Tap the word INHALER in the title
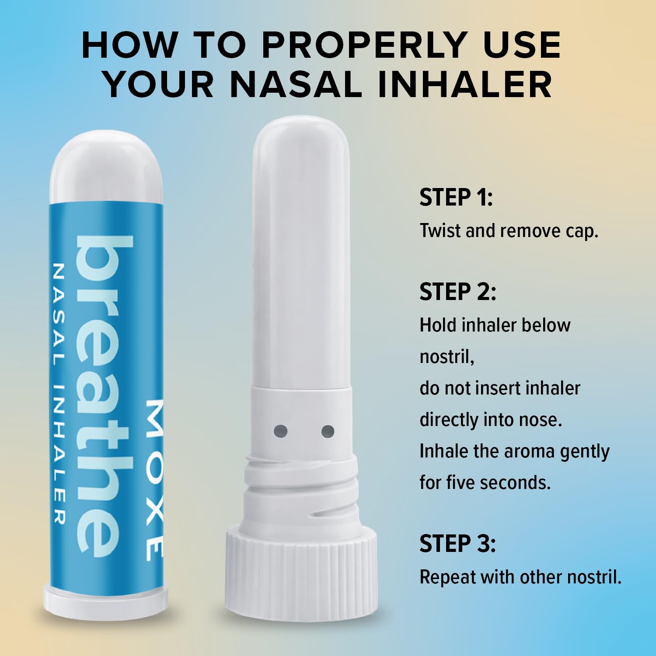pyautogui.click(x=464, y=84)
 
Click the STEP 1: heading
pyautogui.click(x=456, y=197)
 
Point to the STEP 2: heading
pyautogui.click(x=458, y=292)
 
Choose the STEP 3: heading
pyautogui.click(x=458, y=544)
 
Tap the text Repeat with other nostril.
pyautogui.click(x=520, y=577)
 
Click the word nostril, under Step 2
pyautogui.click(x=447, y=357)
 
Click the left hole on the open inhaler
pyautogui.click(x=280, y=431)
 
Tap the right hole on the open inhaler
pyautogui.click(x=328, y=431)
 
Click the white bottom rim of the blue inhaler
pyautogui.click(x=105, y=596)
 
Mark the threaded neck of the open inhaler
pyautogui.click(x=301, y=492)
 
